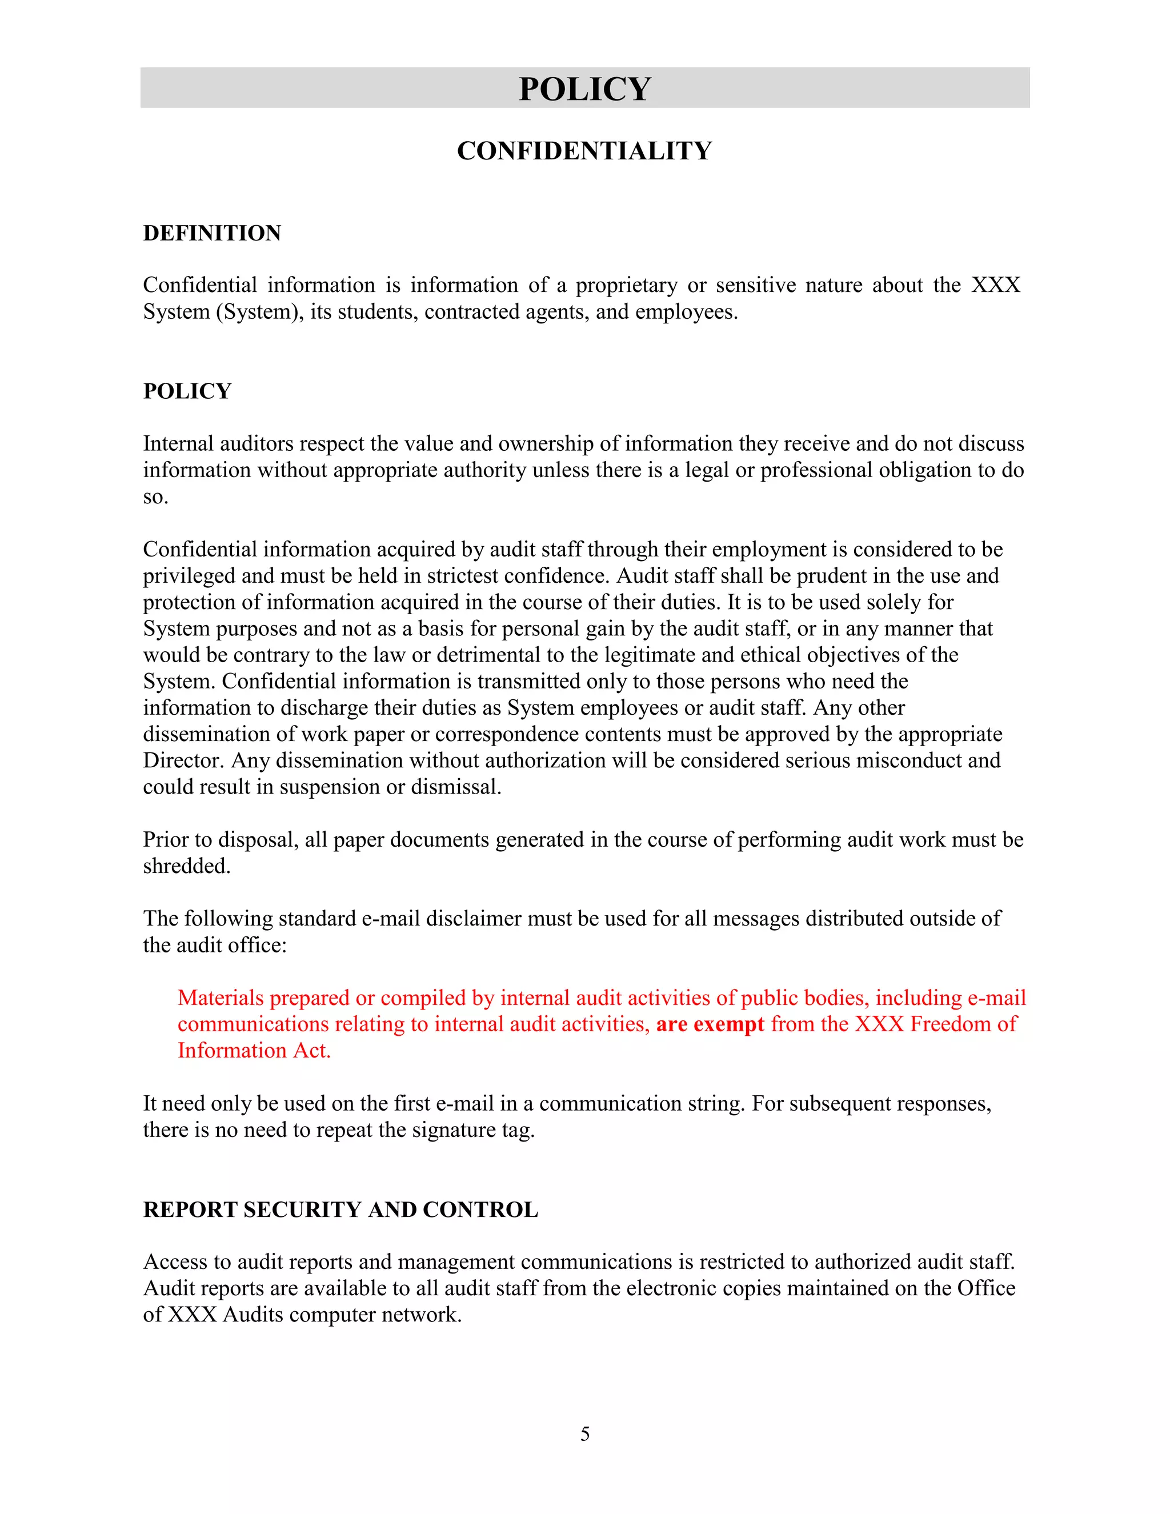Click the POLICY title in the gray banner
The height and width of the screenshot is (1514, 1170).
coord(584,89)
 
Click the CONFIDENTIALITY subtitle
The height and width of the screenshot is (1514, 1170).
coord(584,151)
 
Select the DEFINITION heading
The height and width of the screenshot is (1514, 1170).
coord(212,233)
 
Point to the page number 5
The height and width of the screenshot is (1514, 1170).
coord(585,1433)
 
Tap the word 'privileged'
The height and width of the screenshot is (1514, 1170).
coord(189,575)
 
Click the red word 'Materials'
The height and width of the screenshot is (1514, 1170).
coord(221,998)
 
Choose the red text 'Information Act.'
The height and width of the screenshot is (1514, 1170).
coord(254,1050)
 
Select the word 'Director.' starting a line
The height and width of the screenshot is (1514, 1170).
coord(184,760)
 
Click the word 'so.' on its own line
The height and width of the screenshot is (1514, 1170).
coord(155,496)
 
